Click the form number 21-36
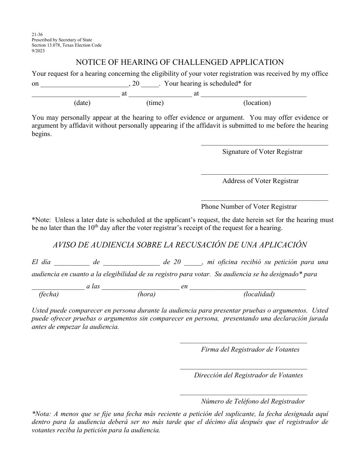click(37, 34)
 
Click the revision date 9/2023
click(38, 51)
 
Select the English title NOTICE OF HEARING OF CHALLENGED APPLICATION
click(180, 62)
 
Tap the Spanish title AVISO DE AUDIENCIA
click(180, 245)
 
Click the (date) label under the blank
click(82, 103)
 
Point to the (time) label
click(155, 103)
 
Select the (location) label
click(257, 103)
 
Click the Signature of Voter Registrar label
click(262, 152)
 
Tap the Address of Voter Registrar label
click(260, 181)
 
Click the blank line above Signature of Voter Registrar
click(265, 145)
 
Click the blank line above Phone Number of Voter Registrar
click(265, 200)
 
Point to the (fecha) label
click(49, 294)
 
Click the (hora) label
click(146, 294)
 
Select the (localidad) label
click(259, 294)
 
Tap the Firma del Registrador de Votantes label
click(250, 349)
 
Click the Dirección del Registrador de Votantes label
click(248, 375)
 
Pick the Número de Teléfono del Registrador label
click(253, 401)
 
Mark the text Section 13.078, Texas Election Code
click(67, 45)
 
